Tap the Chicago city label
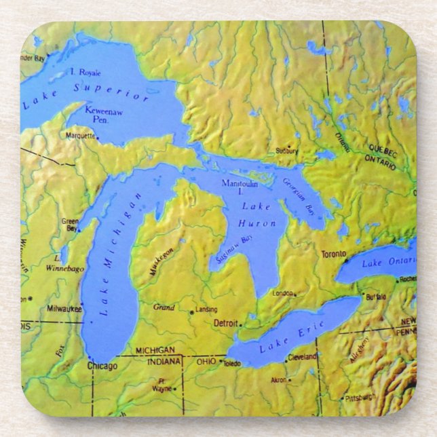click(102, 366)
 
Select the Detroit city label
click(226, 323)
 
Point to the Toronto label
click(334, 254)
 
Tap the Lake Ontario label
click(389, 261)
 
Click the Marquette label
click(81, 136)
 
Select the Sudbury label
click(287, 151)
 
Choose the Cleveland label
click(302, 357)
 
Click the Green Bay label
click(70, 225)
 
